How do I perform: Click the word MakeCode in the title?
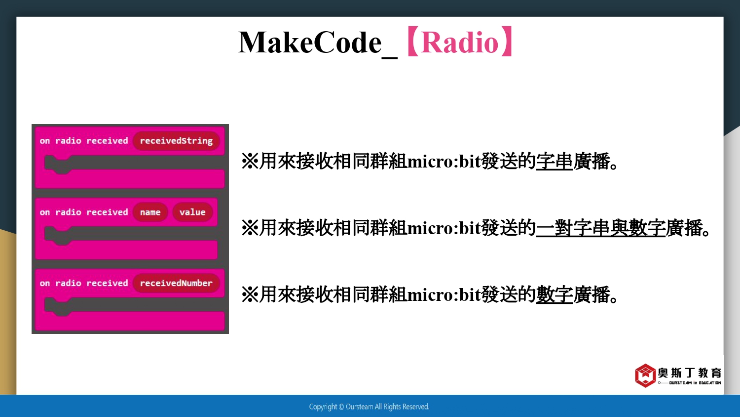pyautogui.click(x=310, y=42)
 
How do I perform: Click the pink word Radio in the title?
pyautogui.click(x=460, y=42)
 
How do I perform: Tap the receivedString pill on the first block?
pyautogui.click(x=176, y=141)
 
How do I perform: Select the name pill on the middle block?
pyautogui.click(x=150, y=212)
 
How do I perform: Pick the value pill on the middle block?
pyautogui.click(x=192, y=212)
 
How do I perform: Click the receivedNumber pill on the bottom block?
pyautogui.click(x=176, y=283)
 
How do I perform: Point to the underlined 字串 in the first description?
pyautogui.click(x=555, y=162)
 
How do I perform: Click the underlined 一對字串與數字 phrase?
pyautogui.click(x=600, y=228)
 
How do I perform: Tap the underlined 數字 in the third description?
pyautogui.click(x=555, y=294)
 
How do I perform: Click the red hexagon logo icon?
pyautogui.click(x=645, y=375)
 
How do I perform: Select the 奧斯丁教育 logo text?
pyautogui.click(x=690, y=373)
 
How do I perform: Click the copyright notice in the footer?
pyautogui.click(x=370, y=407)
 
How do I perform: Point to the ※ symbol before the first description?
pyautogui.click(x=250, y=162)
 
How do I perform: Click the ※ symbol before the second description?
pyautogui.click(x=250, y=228)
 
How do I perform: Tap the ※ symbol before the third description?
pyautogui.click(x=250, y=294)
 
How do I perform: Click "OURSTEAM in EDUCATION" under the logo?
pyautogui.click(x=695, y=383)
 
